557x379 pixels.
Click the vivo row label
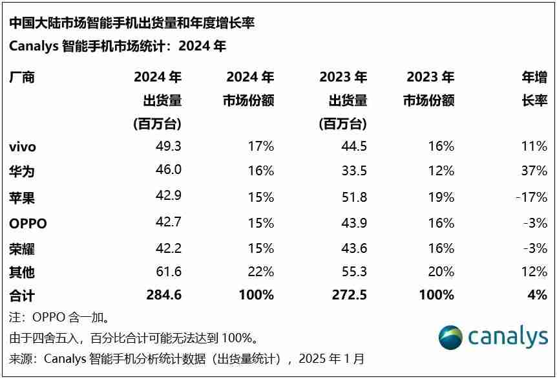coord(23,147)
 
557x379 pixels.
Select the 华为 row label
coord(21,171)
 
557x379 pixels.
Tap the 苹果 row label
coord(21,197)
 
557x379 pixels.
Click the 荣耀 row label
coord(21,249)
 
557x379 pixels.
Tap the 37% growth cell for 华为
coord(534,171)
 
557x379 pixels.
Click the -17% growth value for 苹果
coord(531,197)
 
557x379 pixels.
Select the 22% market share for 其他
coord(261,272)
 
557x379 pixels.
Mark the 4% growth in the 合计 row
coord(538,295)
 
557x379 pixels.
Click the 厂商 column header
coord(21,78)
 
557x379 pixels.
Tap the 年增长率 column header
coord(534,89)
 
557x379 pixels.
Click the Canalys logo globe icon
coord(450,337)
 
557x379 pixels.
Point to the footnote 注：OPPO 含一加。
coord(59,318)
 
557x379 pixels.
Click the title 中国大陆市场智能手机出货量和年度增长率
coord(132,23)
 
